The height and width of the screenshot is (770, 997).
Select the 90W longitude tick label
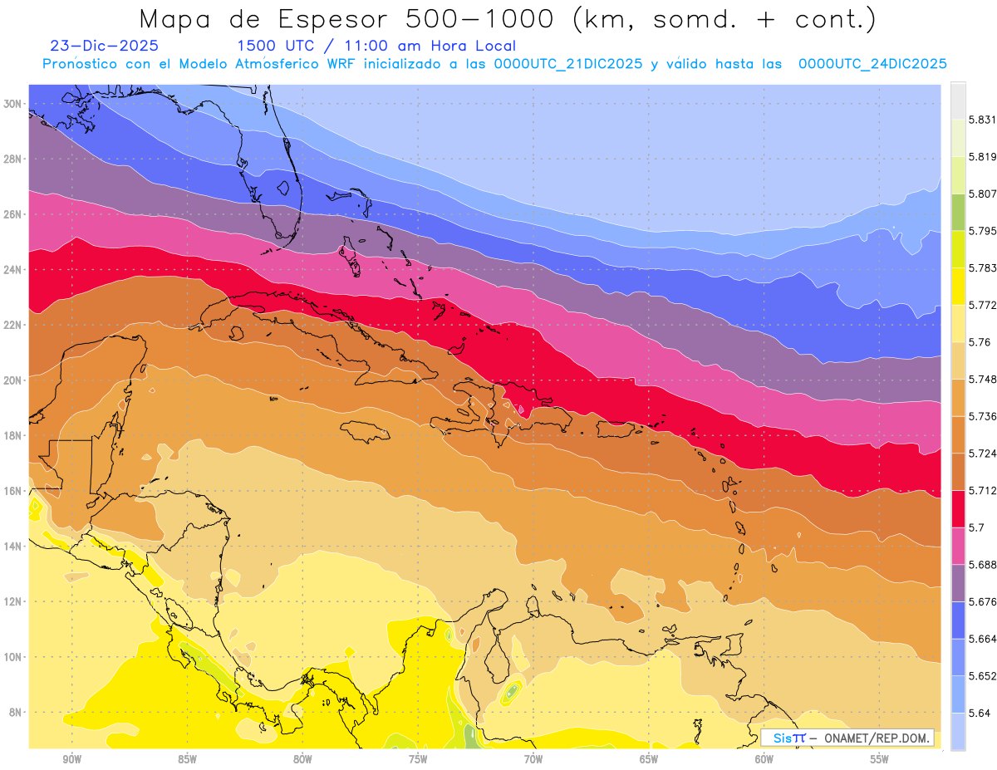coord(71,759)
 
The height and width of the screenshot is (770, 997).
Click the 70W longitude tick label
coord(533,759)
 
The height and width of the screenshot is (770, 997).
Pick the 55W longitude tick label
coord(879,759)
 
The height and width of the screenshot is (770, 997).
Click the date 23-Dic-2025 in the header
coord(104,47)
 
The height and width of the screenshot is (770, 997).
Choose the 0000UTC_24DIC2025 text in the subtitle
coord(872,64)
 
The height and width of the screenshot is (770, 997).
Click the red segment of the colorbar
coord(958,508)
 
